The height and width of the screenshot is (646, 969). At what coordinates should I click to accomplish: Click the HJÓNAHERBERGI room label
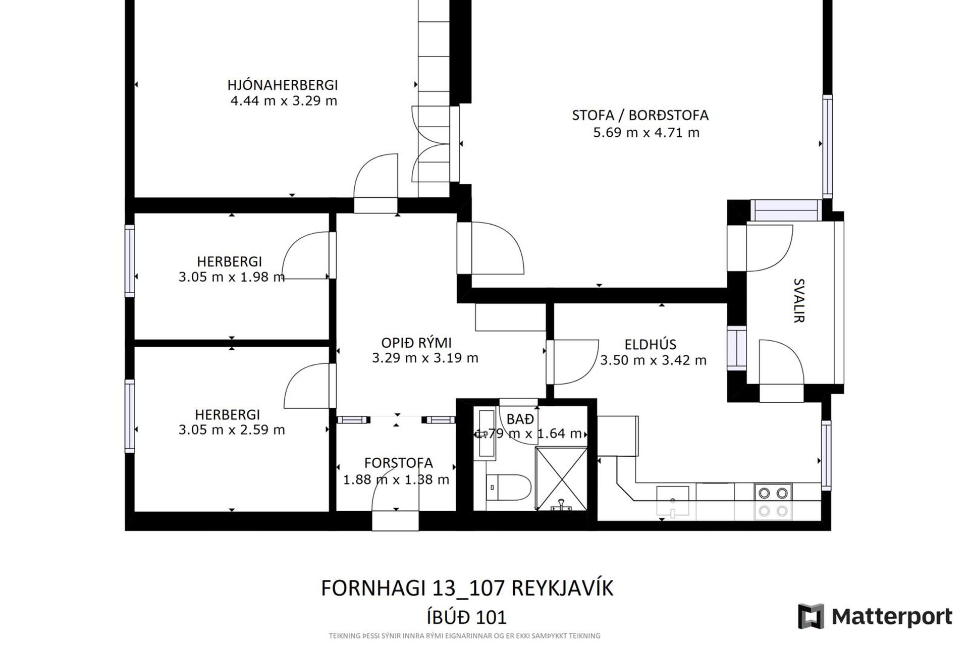(x=282, y=85)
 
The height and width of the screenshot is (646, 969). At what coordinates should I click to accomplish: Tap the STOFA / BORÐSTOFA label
(x=640, y=115)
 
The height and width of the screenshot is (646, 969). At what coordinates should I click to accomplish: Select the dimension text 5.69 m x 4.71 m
(x=646, y=133)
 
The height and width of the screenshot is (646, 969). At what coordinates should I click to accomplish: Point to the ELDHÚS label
(x=650, y=344)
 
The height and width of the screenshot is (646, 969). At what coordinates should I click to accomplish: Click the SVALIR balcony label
(x=799, y=300)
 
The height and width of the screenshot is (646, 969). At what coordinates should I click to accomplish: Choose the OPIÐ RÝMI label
(x=416, y=343)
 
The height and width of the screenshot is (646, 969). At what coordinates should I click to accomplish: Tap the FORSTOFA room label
(x=399, y=463)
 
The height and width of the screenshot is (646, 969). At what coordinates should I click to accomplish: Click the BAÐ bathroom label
(x=520, y=419)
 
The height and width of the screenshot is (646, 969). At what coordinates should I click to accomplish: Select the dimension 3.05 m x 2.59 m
(x=232, y=430)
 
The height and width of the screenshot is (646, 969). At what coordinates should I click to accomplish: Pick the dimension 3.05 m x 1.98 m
(x=232, y=277)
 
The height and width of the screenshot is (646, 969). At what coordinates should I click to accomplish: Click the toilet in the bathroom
(x=508, y=487)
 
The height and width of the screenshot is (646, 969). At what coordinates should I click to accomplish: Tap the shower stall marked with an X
(x=561, y=478)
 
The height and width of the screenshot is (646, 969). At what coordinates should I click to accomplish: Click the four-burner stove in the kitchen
(x=773, y=502)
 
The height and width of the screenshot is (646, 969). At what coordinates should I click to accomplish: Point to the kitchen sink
(x=672, y=502)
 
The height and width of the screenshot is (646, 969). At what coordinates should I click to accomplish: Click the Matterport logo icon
(x=811, y=616)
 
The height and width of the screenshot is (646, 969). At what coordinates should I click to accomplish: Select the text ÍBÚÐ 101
(x=467, y=617)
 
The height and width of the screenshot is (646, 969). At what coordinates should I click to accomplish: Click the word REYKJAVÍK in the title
(x=562, y=588)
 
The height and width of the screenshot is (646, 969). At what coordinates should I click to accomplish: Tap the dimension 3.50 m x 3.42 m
(x=653, y=360)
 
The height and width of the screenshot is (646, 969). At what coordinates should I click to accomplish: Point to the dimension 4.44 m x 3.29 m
(x=284, y=101)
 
